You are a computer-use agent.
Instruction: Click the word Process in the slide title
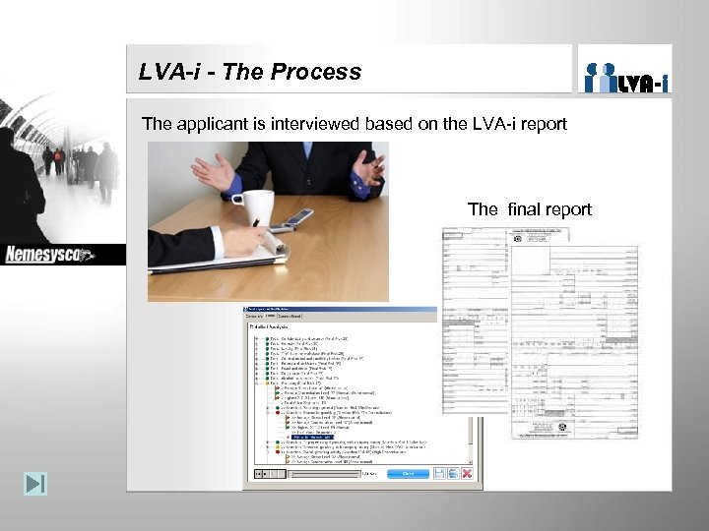pos(320,72)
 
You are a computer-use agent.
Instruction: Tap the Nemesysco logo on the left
pos(49,255)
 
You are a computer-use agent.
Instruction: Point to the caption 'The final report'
pos(529,208)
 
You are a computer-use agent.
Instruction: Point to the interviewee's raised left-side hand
pos(214,173)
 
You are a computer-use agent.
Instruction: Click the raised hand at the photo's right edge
pos(369,169)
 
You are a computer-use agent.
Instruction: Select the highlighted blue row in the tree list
pos(310,436)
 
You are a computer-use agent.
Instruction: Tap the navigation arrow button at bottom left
pos(35,484)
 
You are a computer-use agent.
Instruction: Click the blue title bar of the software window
pos(340,309)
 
